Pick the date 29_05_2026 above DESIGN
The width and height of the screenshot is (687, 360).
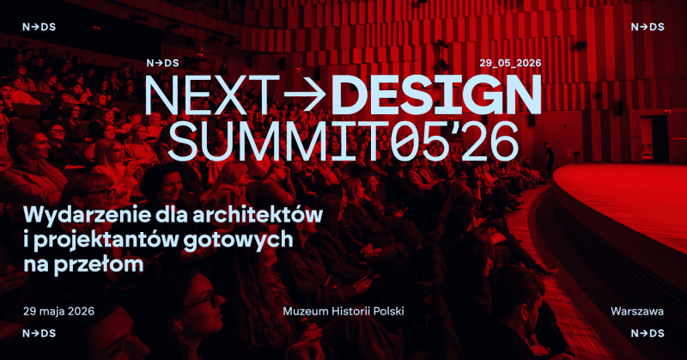pos(510,63)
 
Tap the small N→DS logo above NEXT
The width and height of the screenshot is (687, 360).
pos(162,63)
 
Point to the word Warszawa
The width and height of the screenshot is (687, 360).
pos(638,309)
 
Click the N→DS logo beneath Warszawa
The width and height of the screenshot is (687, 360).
pos(648,333)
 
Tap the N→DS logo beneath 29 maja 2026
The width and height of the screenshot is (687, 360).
pos(39,333)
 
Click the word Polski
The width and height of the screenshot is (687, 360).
pos(386,309)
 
